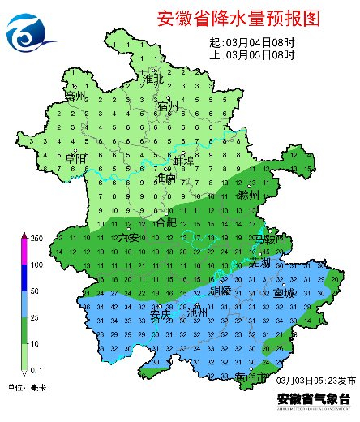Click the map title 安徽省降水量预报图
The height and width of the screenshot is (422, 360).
point(234,18)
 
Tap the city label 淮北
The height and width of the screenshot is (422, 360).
point(153,79)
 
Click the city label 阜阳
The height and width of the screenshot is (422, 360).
point(76,159)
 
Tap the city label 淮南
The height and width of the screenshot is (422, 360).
point(165,177)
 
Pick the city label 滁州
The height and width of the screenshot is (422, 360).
point(248,196)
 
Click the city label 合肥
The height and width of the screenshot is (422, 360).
point(165,221)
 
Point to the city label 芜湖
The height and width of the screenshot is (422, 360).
point(259,263)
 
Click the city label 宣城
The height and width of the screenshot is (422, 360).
point(284,292)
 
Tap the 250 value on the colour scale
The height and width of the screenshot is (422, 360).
point(36,239)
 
